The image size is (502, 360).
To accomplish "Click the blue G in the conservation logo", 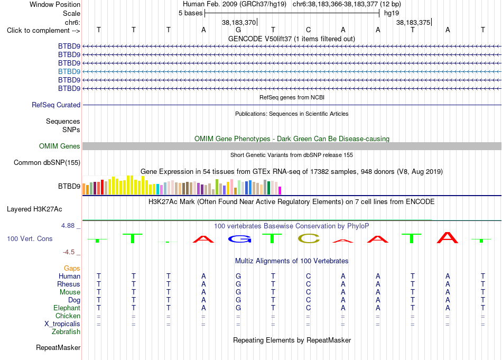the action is point(239,238).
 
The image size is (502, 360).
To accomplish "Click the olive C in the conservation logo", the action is point(309,238).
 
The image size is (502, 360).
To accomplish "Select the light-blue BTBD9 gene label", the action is point(69,71).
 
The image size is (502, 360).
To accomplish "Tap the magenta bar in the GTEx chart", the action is point(280,190).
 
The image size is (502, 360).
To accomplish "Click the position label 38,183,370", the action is point(239,22).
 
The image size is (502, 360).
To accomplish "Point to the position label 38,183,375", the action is point(413,22).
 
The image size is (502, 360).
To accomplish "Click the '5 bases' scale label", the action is point(190,13).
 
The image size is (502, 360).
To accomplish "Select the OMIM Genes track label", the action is point(60,146).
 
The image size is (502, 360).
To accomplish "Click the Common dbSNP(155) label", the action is point(47,162).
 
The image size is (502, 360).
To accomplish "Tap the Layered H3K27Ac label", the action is point(34,209).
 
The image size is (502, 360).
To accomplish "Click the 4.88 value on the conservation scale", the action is point(68,226).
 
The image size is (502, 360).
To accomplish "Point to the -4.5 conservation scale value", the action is point(69,252).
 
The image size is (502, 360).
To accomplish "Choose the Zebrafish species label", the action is point(66,332).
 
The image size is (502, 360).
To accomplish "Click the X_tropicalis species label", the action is point(62,324).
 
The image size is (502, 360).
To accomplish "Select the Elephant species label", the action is point(67,308).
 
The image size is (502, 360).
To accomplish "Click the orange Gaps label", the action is point(72,268).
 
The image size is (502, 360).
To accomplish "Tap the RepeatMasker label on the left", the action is point(58,347).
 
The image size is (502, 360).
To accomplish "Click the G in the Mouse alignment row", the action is point(238,292).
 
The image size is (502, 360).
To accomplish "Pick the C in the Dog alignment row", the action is point(308,300).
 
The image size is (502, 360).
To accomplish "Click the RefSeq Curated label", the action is point(56,105).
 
